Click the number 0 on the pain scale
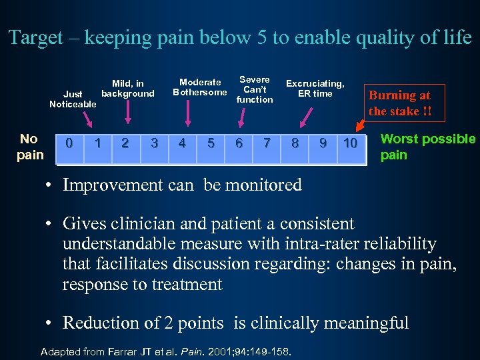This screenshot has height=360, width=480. pyautogui.click(x=69, y=143)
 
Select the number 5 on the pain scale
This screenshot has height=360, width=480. pyautogui.click(x=211, y=143)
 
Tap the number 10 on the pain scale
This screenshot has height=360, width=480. pyautogui.click(x=350, y=143)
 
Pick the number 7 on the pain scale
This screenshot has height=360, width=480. pyautogui.click(x=267, y=143)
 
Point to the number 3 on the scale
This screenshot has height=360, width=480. pyautogui.click(x=154, y=143)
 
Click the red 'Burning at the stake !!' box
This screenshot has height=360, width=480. pyautogui.click(x=400, y=103)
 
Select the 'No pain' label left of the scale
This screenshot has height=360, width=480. pyautogui.click(x=29, y=147)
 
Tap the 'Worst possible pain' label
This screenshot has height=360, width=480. pyautogui.click(x=427, y=147)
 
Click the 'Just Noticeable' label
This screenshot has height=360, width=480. pyautogui.click(x=73, y=99)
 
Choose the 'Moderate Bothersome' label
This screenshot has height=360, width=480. pyautogui.click(x=200, y=87)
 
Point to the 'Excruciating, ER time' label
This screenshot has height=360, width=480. pyautogui.click(x=315, y=88)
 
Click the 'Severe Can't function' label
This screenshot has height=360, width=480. pyautogui.click(x=254, y=89)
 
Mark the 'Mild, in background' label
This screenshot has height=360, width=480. pyautogui.click(x=127, y=89)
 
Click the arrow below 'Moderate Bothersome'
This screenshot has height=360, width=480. pyautogui.click(x=189, y=112)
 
